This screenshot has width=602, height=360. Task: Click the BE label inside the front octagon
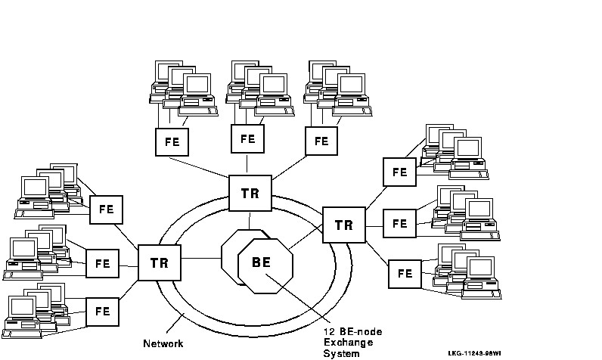coord(261,263)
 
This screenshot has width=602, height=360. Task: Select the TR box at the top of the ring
coord(250,193)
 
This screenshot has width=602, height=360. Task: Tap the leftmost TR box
coord(159,264)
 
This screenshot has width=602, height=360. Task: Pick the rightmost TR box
coord(343,225)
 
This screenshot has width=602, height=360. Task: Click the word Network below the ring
coord(163,343)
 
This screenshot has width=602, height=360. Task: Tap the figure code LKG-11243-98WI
coord(474,352)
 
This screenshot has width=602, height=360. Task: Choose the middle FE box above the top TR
coord(247,139)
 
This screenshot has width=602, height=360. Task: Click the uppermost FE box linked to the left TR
coord(106,209)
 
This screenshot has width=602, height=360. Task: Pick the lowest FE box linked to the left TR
coord(103,311)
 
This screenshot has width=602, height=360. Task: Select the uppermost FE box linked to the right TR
coord(399,172)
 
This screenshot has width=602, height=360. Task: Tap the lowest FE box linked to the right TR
coord(405,274)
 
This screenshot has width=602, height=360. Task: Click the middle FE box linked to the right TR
coord(400,224)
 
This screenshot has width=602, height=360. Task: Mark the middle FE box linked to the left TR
coord(103,264)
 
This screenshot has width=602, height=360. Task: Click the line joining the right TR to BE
coord(306,243)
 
